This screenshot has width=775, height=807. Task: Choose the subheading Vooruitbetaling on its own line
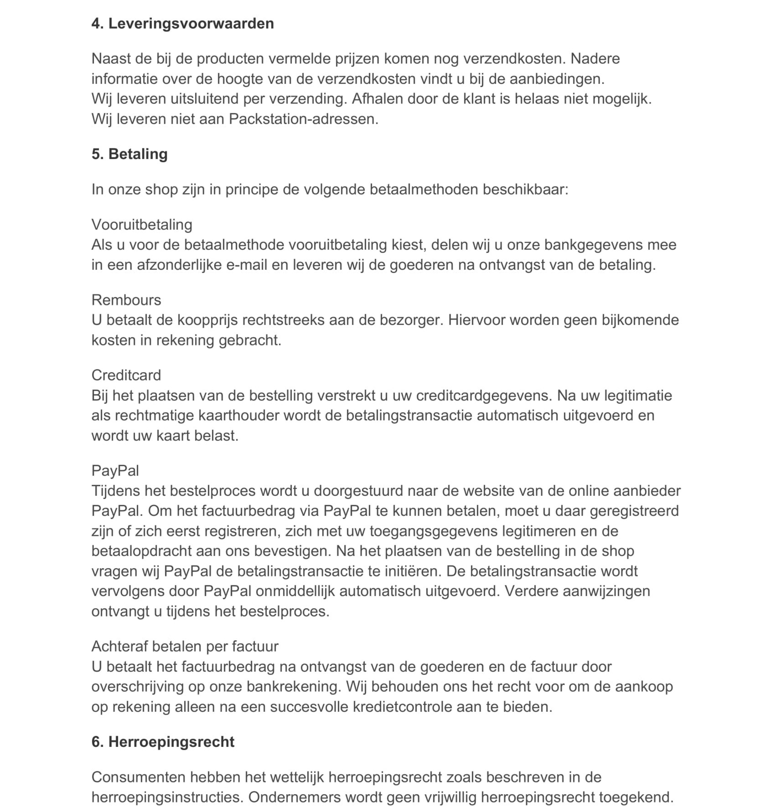click(x=142, y=225)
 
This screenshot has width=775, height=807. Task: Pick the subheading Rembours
click(x=126, y=300)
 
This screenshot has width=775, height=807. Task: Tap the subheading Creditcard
click(x=126, y=375)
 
